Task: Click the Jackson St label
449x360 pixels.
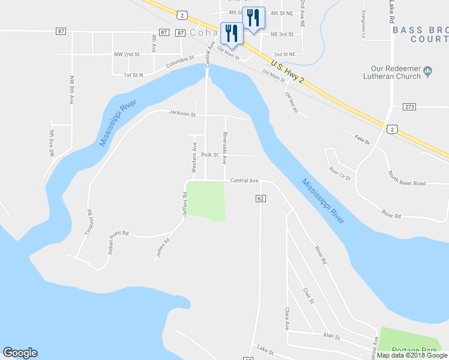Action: point(182,113)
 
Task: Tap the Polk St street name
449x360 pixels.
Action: point(209,155)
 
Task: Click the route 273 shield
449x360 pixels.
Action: point(409,107)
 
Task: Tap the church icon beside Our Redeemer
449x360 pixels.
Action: point(428,71)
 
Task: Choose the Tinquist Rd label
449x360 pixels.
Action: point(90,220)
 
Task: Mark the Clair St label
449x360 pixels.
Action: point(309,295)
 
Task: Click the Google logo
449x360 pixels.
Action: point(20,353)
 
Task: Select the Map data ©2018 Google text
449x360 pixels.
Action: point(412,355)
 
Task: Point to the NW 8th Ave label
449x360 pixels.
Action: point(71,90)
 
